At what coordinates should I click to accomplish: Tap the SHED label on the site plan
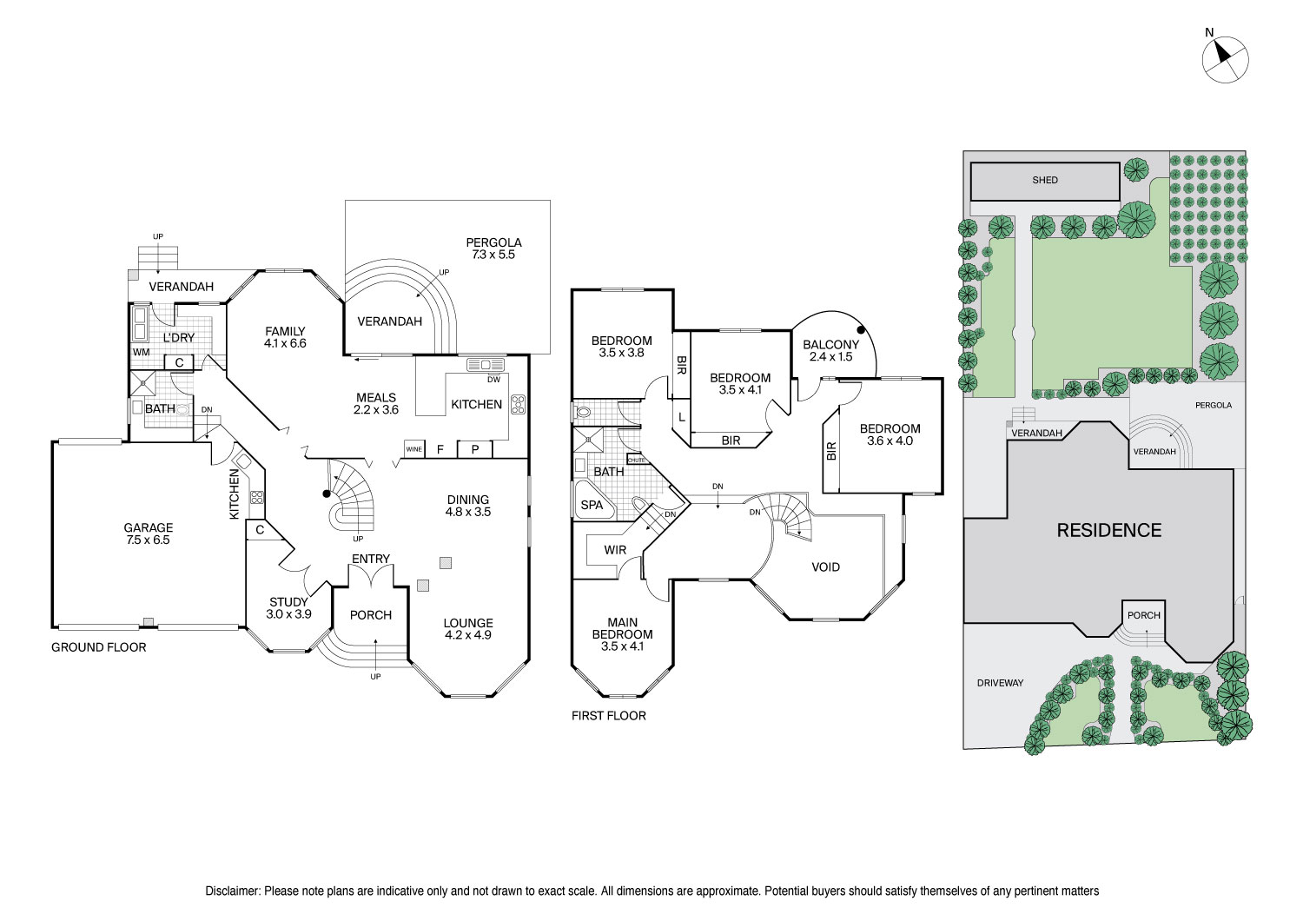pos(1045,181)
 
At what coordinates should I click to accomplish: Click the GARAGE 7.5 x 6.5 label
pos(148,533)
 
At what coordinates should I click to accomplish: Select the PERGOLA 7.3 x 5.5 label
pos(493,248)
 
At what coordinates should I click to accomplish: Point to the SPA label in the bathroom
pos(592,504)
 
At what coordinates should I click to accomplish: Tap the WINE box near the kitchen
pos(414,449)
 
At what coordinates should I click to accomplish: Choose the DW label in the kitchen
pos(493,380)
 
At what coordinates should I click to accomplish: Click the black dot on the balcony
pos(861,329)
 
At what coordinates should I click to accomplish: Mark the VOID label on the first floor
pos(825,567)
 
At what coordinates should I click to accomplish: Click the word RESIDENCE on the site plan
pos(1108,530)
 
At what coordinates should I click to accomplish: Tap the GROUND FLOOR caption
pos(98,647)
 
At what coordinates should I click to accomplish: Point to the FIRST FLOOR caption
pos(608,716)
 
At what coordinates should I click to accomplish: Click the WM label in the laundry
pos(141,352)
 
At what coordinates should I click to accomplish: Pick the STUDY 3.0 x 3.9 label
pos(289,607)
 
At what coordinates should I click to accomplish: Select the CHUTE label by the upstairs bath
pos(636,460)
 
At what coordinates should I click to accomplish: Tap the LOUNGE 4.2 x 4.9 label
pos(468,628)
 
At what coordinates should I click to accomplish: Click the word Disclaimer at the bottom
pos(232,891)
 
